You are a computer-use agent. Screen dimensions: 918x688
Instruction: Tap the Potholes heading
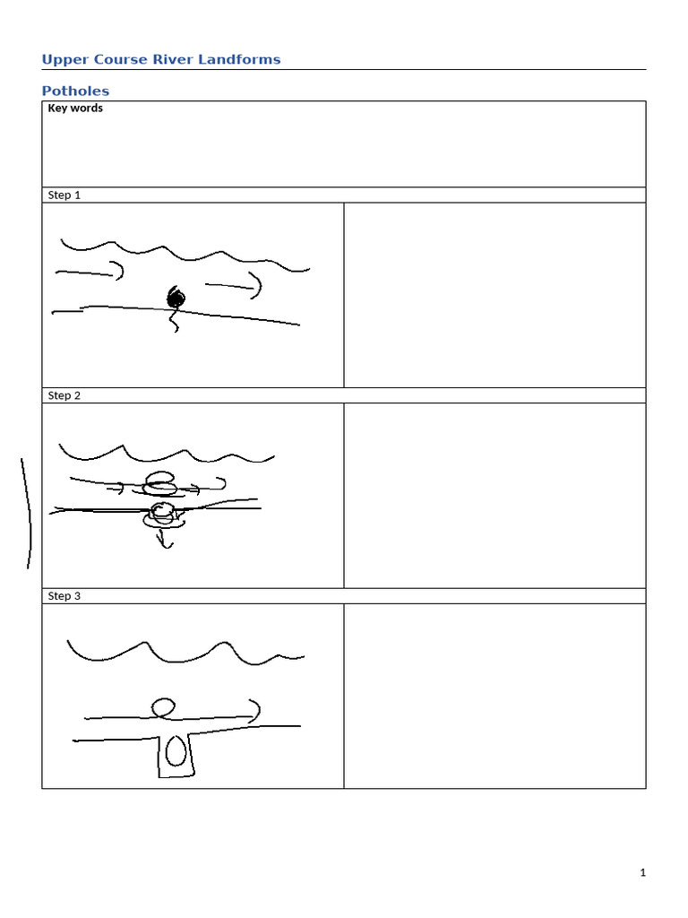pos(75,91)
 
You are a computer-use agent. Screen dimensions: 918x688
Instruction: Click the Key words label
pos(75,108)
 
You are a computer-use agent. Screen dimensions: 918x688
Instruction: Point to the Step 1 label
pos(64,195)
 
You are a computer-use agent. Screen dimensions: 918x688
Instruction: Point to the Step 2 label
pos(64,395)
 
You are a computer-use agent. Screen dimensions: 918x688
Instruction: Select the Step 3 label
pos(64,596)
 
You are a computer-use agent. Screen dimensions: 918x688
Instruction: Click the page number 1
pos(642,873)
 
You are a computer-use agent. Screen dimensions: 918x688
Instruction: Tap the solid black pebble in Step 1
pos(176,299)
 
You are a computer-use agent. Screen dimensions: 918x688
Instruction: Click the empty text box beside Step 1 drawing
pos(494,295)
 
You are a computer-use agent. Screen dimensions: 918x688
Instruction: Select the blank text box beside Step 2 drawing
pos(494,495)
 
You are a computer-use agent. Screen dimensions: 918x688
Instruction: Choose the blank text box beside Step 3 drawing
pos(494,696)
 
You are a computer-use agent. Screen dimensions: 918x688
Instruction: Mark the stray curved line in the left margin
pos(28,511)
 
